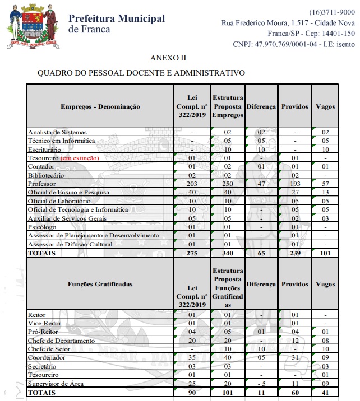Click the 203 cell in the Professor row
click(191, 184)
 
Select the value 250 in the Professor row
click(227, 184)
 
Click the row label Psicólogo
click(42, 227)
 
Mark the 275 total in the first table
click(191, 253)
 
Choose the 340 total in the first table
click(227, 253)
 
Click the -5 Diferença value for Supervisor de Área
click(261, 384)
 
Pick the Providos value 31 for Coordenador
click(294, 358)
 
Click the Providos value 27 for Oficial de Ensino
click(294, 192)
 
